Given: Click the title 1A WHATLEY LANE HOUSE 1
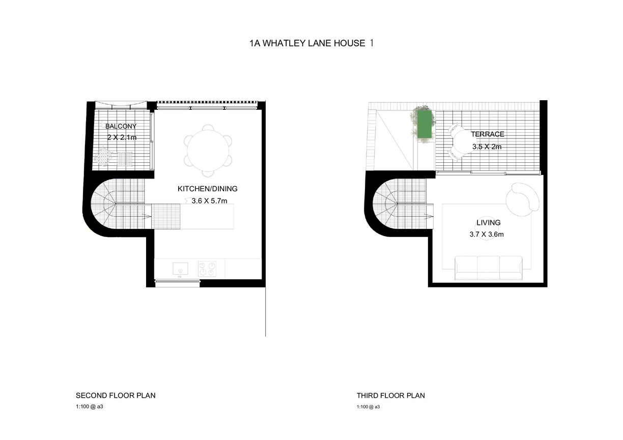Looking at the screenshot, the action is tap(311, 43).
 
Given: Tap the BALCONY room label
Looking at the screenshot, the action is tap(121, 126).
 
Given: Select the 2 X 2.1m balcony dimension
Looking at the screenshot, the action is tap(122, 137).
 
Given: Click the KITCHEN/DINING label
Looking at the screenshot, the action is tap(208, 189).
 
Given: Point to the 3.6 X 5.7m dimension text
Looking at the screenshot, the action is tap(209, 201).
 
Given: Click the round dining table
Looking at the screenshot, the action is tap(208, 151).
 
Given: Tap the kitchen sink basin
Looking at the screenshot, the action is tap(180, 269).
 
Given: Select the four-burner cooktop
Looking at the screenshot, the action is tap(207, 269).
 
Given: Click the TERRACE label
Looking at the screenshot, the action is tap(488, 134).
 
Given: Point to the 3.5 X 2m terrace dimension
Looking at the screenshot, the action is tap(487, 146).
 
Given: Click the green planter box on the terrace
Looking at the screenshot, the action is tap(424, 124).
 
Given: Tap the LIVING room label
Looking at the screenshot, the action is tap(489, 223).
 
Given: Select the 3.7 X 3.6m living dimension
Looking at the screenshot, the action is tap(487, 234).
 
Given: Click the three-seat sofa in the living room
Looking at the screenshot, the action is tap(489, 268).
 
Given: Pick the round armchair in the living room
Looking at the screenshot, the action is tap(522, 199).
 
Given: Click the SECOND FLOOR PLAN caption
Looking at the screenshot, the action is tap(116, 396).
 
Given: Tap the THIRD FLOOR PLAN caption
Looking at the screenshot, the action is tap(391, 396).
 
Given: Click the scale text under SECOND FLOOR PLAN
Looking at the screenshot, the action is tap(89, 406).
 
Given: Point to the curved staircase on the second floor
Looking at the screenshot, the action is tap(118, 204).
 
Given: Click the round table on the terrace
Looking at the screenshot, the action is tap(462, 141).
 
